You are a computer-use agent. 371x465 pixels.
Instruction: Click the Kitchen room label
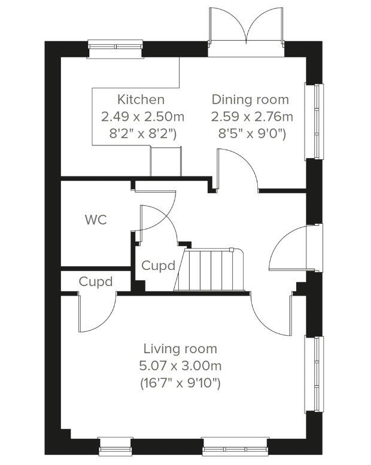click(141, 99)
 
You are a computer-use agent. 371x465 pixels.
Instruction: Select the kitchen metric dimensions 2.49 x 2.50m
click(141, 116)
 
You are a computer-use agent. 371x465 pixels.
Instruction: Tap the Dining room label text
click(250, 99)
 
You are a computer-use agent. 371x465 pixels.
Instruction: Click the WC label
click(96, 220)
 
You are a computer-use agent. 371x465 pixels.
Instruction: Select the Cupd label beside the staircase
click(159, 265)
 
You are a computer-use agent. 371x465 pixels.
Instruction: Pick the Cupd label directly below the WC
click(96, 281)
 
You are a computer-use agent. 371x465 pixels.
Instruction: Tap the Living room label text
click(180, 348)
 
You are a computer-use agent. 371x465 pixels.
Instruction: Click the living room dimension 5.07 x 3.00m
click(180, 365)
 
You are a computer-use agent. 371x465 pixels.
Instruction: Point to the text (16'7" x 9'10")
click(180, 382)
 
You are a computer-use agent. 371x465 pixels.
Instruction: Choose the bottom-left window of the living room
click(115, 445)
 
